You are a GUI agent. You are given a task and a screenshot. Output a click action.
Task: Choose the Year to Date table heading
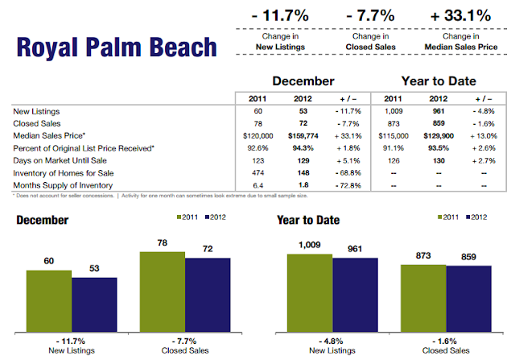click(x=438, y=82)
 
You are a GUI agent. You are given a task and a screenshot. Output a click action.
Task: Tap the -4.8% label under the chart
click(x=332, y=342)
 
